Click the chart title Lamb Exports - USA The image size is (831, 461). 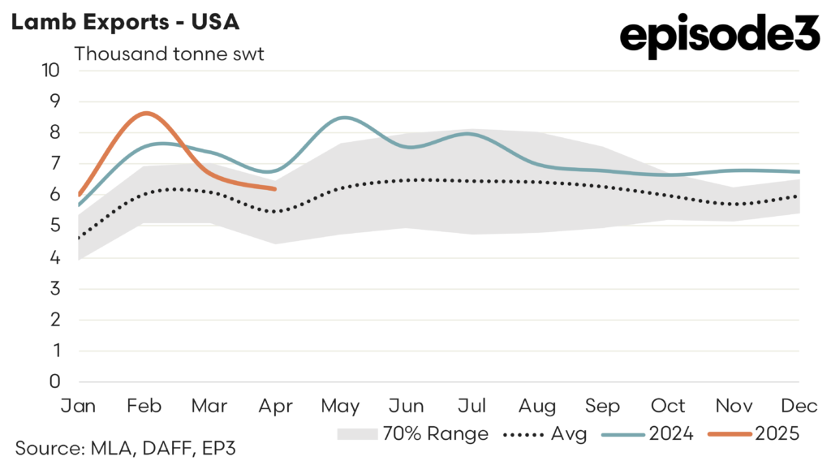point(124,22)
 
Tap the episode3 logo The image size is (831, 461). point(720,36)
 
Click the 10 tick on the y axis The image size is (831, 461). point(50,70)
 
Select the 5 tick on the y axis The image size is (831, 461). point(55,226)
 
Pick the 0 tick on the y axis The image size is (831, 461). point(55,381)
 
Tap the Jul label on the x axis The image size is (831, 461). point(472,405)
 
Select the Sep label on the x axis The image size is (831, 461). point(603,405)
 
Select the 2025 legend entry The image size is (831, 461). point(754,434)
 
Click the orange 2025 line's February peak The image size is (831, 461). point(145,113)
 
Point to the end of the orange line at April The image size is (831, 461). point(276,188)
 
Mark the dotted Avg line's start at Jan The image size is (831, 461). point(79,238)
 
